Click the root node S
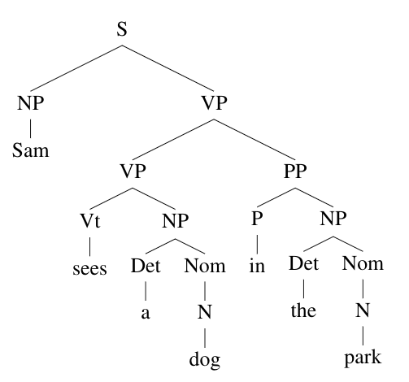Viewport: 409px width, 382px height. [122, 29]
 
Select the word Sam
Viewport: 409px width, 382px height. [31, 150]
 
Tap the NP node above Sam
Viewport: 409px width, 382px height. [30, 103]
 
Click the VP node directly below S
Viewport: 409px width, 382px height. [214, 103]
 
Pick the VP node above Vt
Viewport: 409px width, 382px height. [133, 171]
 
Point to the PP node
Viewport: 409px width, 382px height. [295, 171]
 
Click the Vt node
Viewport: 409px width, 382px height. [90, 220]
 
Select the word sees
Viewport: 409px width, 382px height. [89, 269]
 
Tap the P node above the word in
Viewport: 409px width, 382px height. [257, 219]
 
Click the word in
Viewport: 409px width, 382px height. [257, 266]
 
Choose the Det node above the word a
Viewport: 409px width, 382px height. [146, 266]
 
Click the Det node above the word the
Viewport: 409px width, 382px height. [303, 263]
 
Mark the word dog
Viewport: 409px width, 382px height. [205, 360]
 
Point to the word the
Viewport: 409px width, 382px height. [303, 310]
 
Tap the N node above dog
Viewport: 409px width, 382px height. [205, 311]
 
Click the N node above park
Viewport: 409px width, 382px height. [363, 310]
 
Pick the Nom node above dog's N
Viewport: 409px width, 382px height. [205, 266]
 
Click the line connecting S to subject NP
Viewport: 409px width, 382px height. [76, 68]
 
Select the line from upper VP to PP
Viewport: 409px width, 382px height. [255, 140]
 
